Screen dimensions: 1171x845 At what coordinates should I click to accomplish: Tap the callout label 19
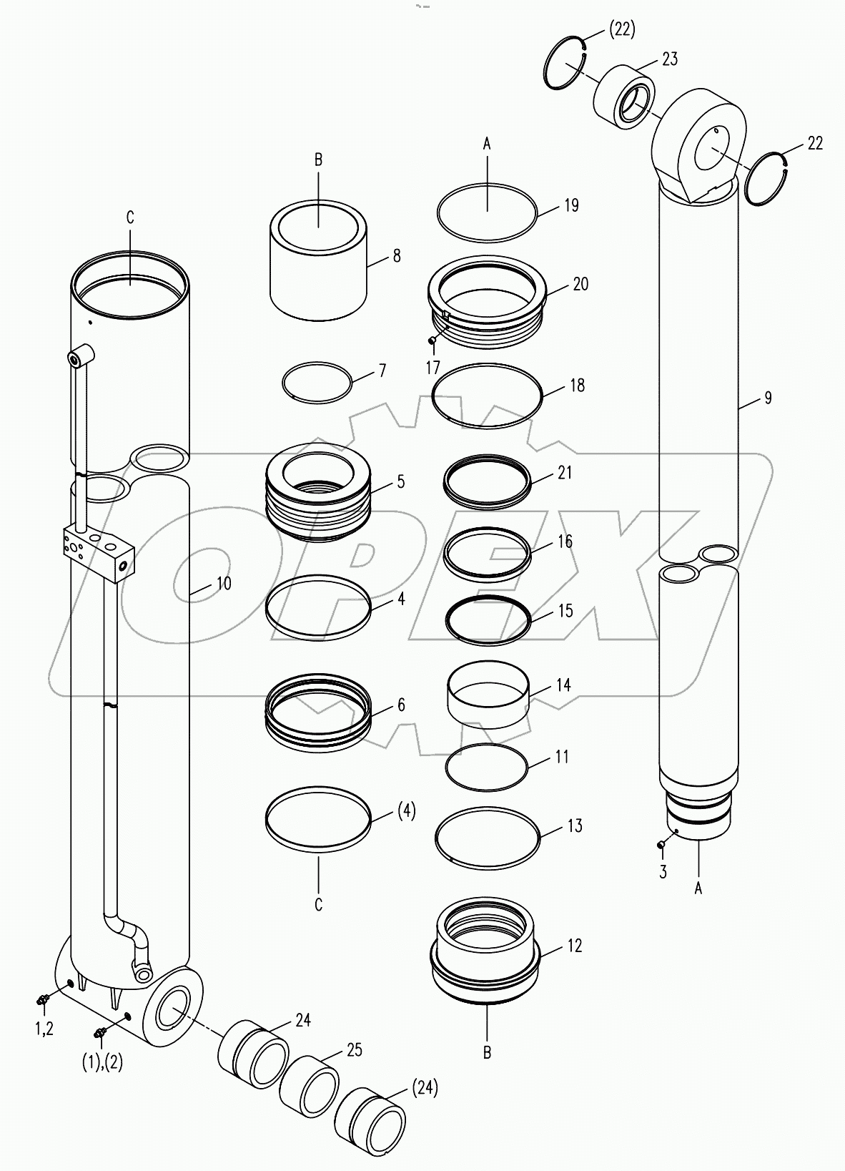[x=570, y=205]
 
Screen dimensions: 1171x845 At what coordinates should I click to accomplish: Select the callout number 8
[x=397, y=256]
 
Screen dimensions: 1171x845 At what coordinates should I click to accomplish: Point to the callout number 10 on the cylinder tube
[x=223, y=584]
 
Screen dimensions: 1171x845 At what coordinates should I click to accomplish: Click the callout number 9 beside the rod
[x=768, y=398]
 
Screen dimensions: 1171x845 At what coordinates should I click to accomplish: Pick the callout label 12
[x=575, y=946]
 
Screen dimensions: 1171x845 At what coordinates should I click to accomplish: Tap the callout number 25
[x=354, y=1050]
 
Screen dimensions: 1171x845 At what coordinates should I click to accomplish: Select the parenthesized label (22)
[x=621, y=29]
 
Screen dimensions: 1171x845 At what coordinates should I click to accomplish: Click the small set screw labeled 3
[x=661, y=845]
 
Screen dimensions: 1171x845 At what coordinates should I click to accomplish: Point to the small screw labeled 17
[x=432, y=340]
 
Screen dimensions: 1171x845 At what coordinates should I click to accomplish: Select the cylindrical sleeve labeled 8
[x=318, y=262]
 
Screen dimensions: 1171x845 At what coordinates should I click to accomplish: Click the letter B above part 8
[x=319, y=160]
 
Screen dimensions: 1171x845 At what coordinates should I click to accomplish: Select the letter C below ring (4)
[x=319, y=905]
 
